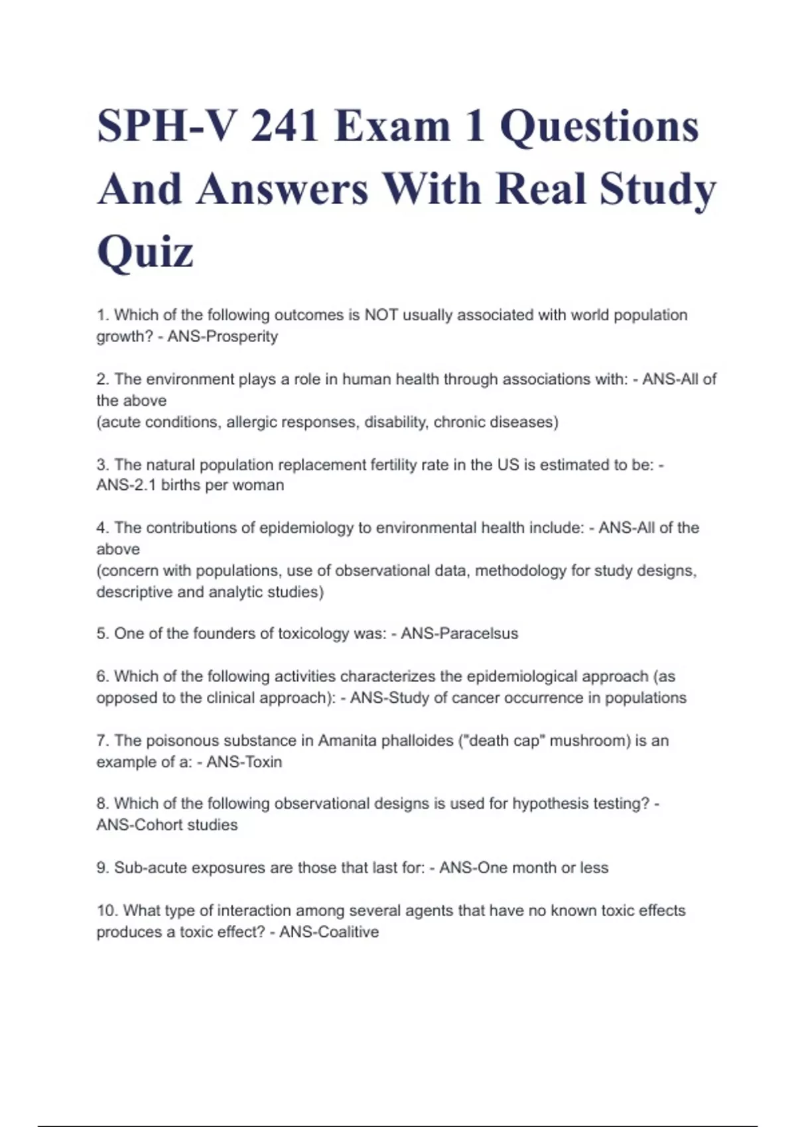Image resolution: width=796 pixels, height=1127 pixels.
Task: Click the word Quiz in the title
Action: click(145, 251)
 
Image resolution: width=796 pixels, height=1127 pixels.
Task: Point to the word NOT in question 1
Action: click(381, 315)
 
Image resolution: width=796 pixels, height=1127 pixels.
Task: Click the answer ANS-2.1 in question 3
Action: click(126, 485)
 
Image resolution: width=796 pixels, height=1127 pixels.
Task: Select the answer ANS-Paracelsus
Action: click(459, 634)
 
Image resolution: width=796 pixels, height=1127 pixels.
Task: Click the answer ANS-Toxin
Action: click(244, 762)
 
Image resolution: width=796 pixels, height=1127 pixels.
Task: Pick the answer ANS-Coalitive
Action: click(329, 932)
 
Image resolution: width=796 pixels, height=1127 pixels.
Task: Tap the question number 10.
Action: click(106, 911)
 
